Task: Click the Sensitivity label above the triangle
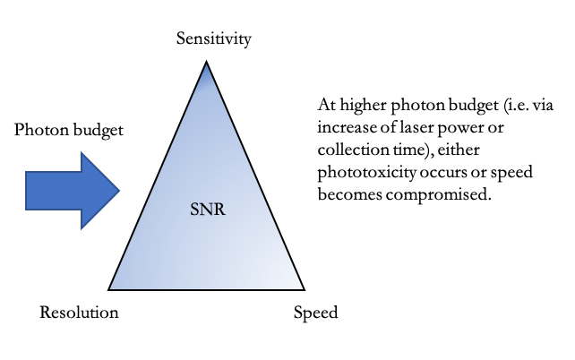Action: (x=213, y=39)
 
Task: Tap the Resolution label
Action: (x=79, y=313)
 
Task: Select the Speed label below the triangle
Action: (x=315, y=313)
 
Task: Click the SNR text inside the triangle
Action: (x=207, y=213)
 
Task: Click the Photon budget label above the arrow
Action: (x=69, y=130)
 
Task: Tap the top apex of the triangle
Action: (x=207, y=63)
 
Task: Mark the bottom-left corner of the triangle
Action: (x=109, y=289)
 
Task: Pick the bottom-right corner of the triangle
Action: (x=305, y=289)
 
